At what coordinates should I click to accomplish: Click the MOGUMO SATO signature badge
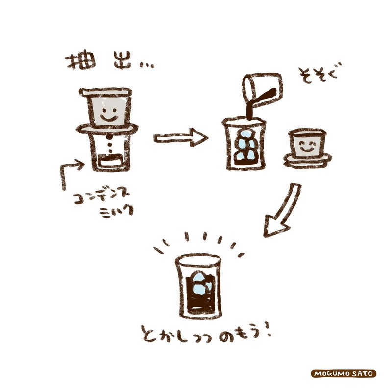coord(344,373)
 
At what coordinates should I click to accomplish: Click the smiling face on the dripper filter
coord(108,117)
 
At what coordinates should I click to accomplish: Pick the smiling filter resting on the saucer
coord(307,144)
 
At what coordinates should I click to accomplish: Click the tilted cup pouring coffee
coord(262,90)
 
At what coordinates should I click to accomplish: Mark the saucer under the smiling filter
coord(308,160)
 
